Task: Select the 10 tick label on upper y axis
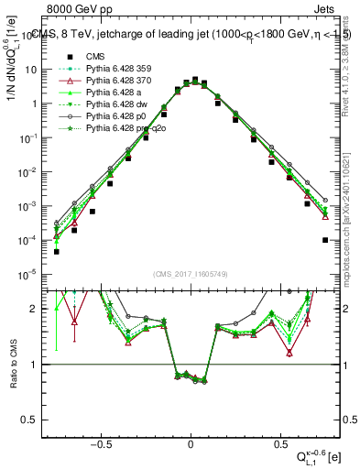click(x=30, y=70)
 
